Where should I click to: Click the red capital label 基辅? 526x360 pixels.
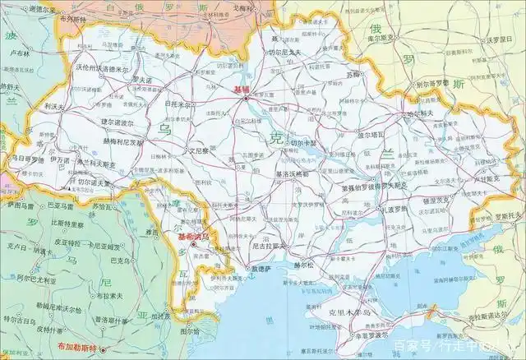click(244, 90)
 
